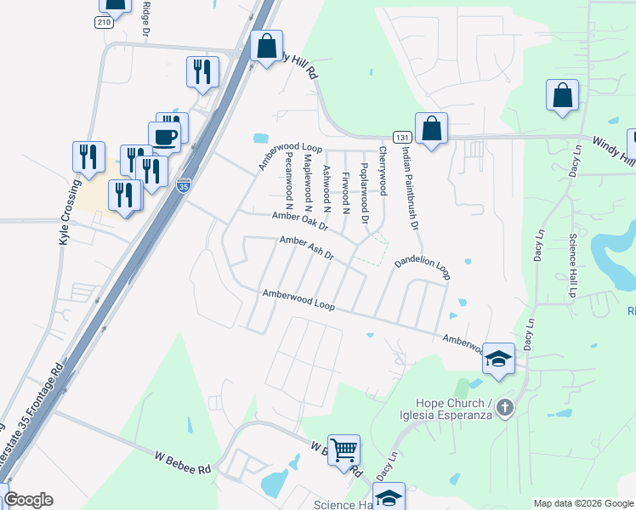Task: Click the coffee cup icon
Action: click(164, 136)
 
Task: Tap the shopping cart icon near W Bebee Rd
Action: click(344, 449)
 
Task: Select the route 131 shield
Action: click(402, 136)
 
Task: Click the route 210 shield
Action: click(104, 22)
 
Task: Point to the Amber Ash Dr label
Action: click(307, 248)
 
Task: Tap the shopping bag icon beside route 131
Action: click(431, 129)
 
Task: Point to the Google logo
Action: click(28, 500)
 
